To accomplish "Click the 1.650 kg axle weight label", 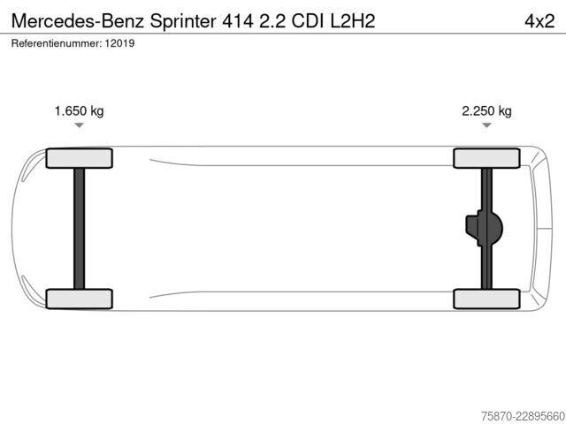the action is pyautogui.click(x=79, y=110).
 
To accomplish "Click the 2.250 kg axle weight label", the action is pyautogui.click(x=486, y=110).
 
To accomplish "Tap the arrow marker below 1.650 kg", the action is pyautogui.click(x=79, y=125).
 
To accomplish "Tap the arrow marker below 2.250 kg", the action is pyautogui.click(x=486, y=125).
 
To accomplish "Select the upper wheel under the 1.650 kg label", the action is pyautogui.click(x=79, y=158).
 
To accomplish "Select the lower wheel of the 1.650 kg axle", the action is pyautogui.click(x=79, y=299).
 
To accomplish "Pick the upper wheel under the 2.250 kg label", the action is pyautogui.click(x=486, y=158).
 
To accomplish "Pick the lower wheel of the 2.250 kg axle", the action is pyautogui.click(x=486, y=299).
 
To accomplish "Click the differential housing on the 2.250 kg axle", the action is pyautogui.click(x=485, y=228).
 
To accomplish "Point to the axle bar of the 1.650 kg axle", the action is pyautogui.click(x=79, y=229).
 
